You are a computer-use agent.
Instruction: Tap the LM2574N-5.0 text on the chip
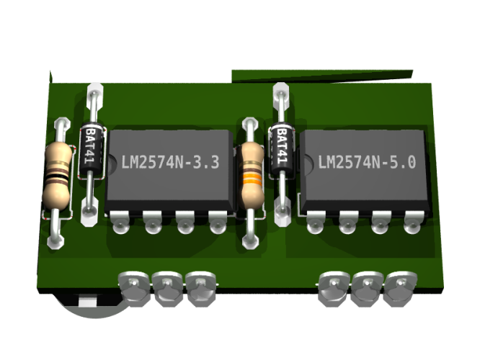tap(366, 163)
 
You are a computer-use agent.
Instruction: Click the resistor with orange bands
tap(251, 173)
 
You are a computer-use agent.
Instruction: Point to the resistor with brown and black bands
tap(57, 173)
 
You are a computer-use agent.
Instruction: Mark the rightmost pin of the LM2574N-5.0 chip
tap(412, 222)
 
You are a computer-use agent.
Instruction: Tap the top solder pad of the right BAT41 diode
tap(281, 93)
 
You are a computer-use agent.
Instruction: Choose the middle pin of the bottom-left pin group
tap(166, 287)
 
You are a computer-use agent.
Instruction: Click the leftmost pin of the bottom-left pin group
tap(134, 287)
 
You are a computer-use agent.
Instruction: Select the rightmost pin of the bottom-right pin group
tap(399, 287)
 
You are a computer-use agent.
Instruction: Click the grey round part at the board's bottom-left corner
tap(90, 306)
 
